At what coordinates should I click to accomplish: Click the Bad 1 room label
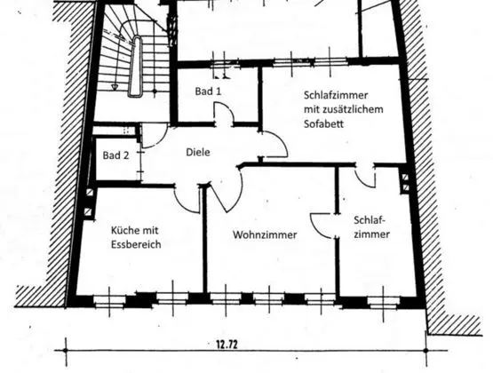coord(208,91)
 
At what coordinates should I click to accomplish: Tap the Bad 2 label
coord(115,155)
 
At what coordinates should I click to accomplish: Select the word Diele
coord(198,152)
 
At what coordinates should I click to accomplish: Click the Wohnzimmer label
coord(265,234)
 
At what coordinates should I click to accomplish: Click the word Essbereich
coord(136,244)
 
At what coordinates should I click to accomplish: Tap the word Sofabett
coord(323,123)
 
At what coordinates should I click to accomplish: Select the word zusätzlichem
coord(353,109)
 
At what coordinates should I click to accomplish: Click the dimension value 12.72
coord(227,345)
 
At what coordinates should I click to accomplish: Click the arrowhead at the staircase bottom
coord(115,87)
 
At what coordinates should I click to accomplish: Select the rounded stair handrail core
coord(136,66)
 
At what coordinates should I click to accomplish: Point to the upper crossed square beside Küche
coord(90,193)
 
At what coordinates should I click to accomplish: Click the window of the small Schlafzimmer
coord(383,302)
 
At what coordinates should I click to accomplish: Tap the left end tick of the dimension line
coord(66,351)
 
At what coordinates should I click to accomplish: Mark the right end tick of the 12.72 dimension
coord(426,351)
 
